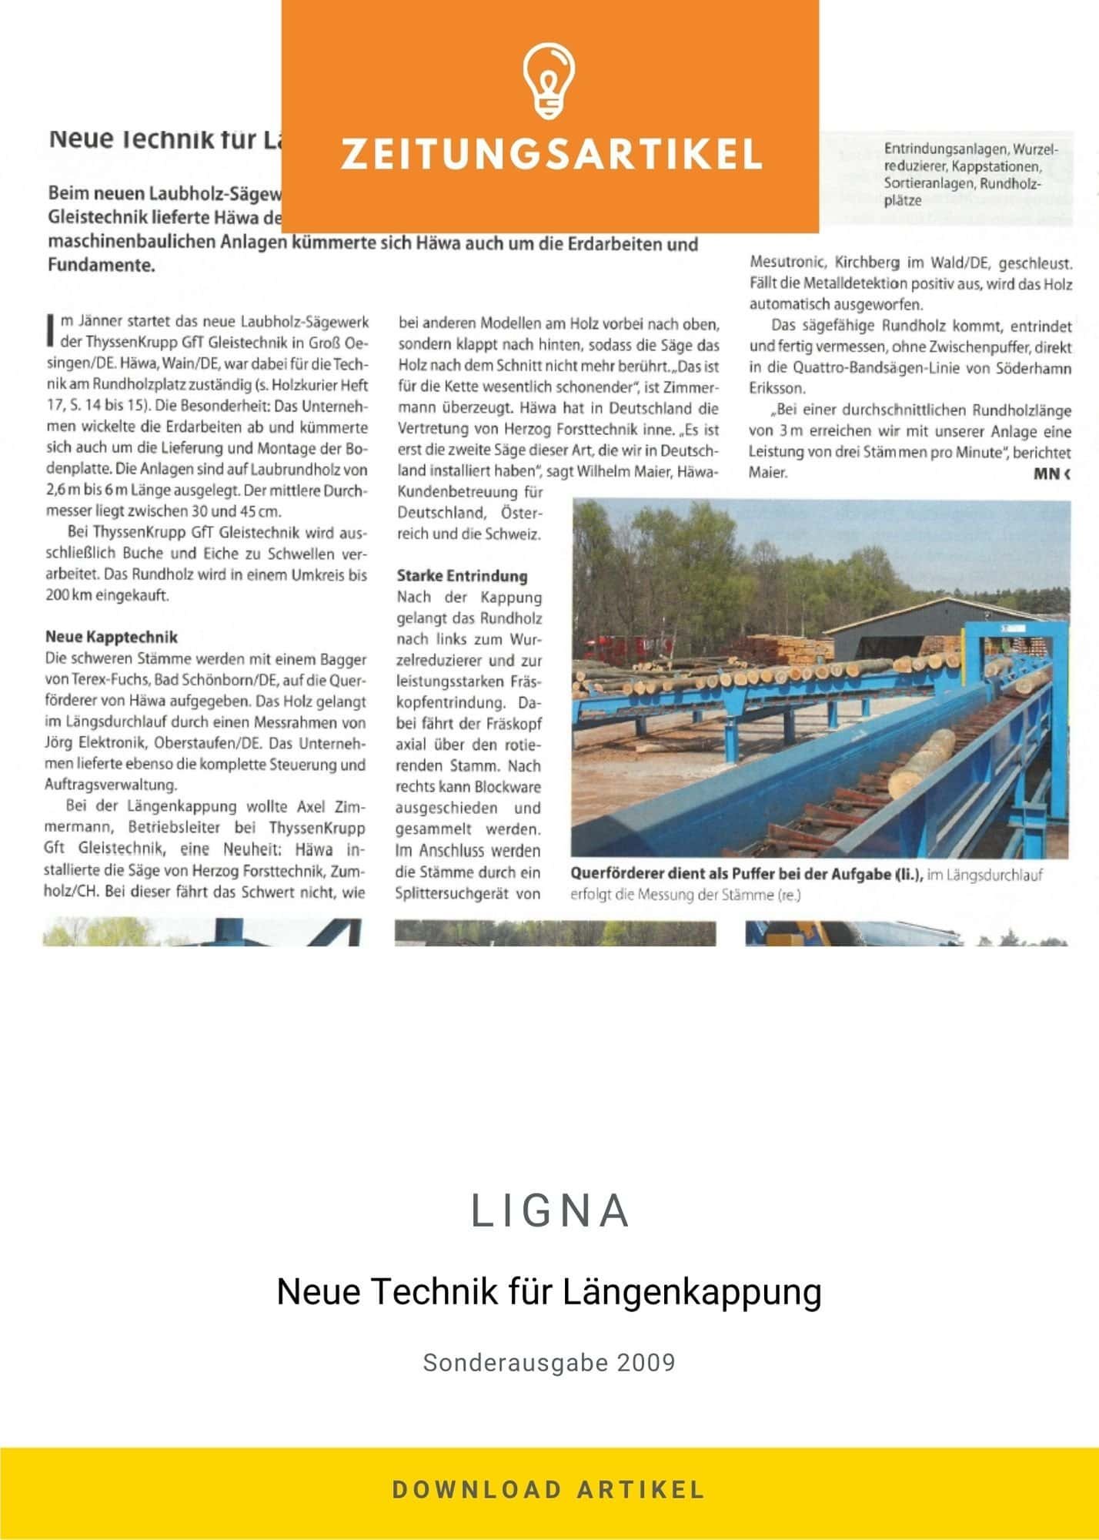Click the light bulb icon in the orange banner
click(549, 82)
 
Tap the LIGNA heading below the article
click(550, 1211)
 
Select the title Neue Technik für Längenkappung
click(549, 1291)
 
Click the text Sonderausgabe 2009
click(549, 1362)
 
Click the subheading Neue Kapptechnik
click(112, 637)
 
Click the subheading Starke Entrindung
click(462, 575)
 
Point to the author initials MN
click(1047, 474)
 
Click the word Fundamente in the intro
click(100, 266)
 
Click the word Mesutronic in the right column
click(787, 263)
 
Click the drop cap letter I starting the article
click(51, 327)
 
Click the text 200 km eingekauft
click(107, 595)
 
